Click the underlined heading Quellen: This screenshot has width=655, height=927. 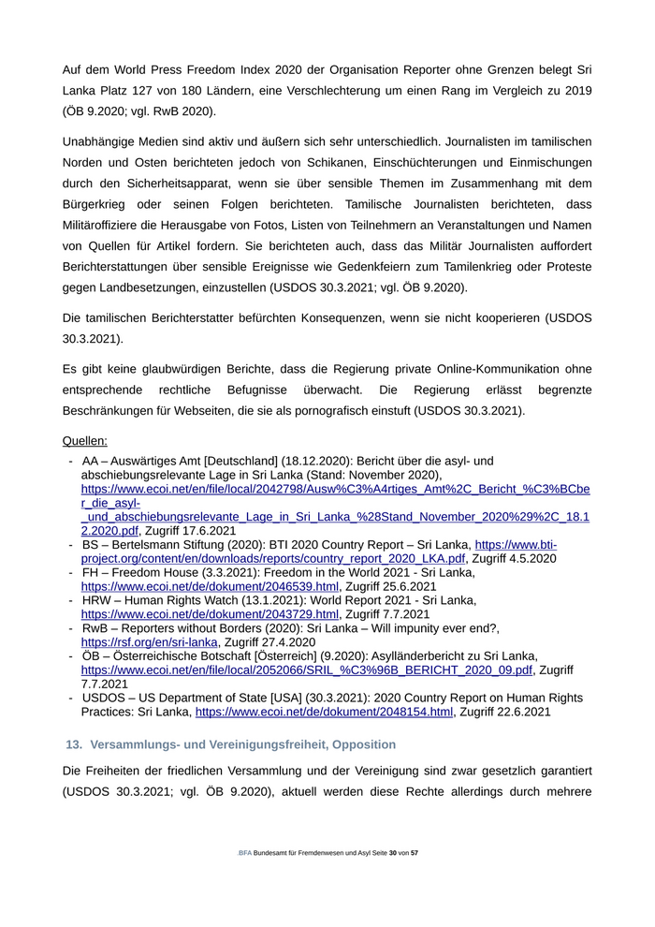pyautogui.click(x=85, y=440)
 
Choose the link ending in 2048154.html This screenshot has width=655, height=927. pyautogui.click(x=324, y=712)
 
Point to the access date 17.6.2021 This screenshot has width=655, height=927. pyautogui.click(x=209, y=531)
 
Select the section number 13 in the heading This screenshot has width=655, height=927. pyautogui.click(x=72, y=744)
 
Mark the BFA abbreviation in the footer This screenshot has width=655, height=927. pyautogui.click(x=245, y=854)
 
